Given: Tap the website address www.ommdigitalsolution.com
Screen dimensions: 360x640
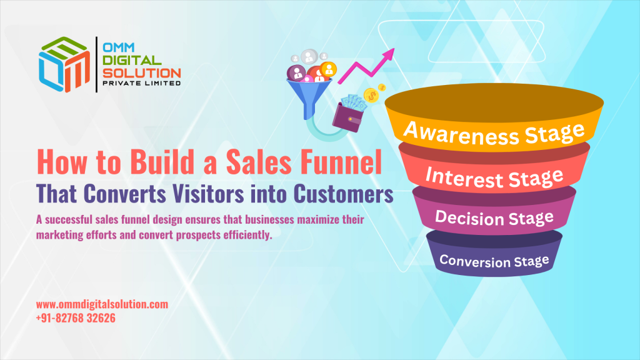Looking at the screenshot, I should (102, 304).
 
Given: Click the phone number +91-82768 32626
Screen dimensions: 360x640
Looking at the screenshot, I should (76, 318).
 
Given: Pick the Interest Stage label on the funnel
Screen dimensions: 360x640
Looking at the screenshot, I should (494, 177).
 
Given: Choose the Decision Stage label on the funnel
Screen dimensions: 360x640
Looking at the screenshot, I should (494, 218).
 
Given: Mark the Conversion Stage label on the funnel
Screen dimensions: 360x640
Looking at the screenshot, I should (494, 259).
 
